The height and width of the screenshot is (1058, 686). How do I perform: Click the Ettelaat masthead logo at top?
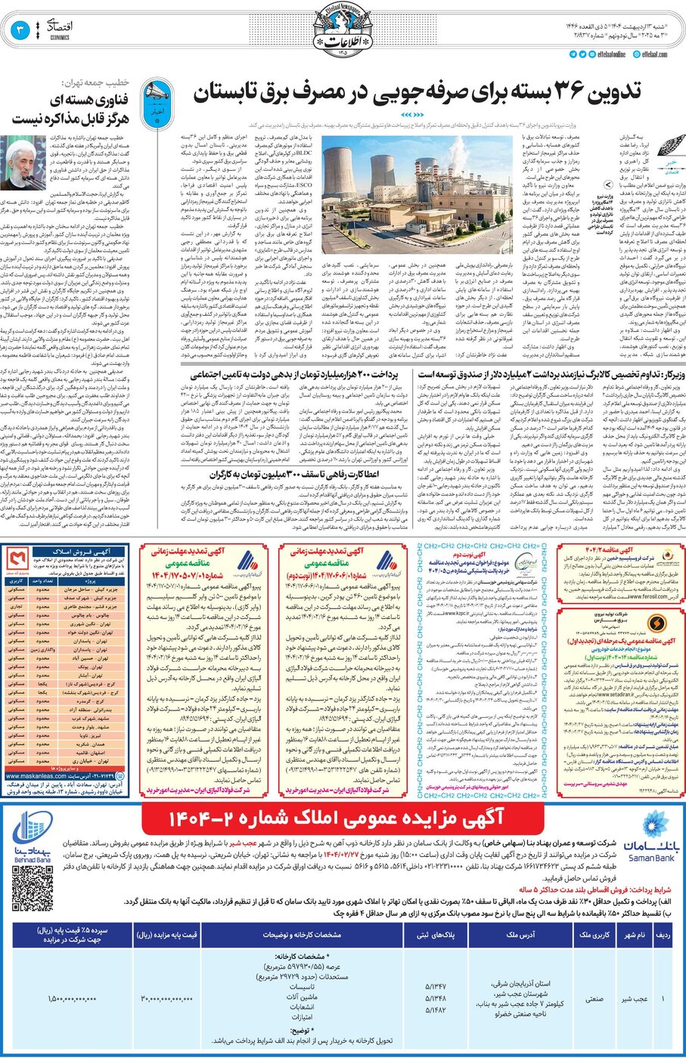[x=343, y=31]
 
